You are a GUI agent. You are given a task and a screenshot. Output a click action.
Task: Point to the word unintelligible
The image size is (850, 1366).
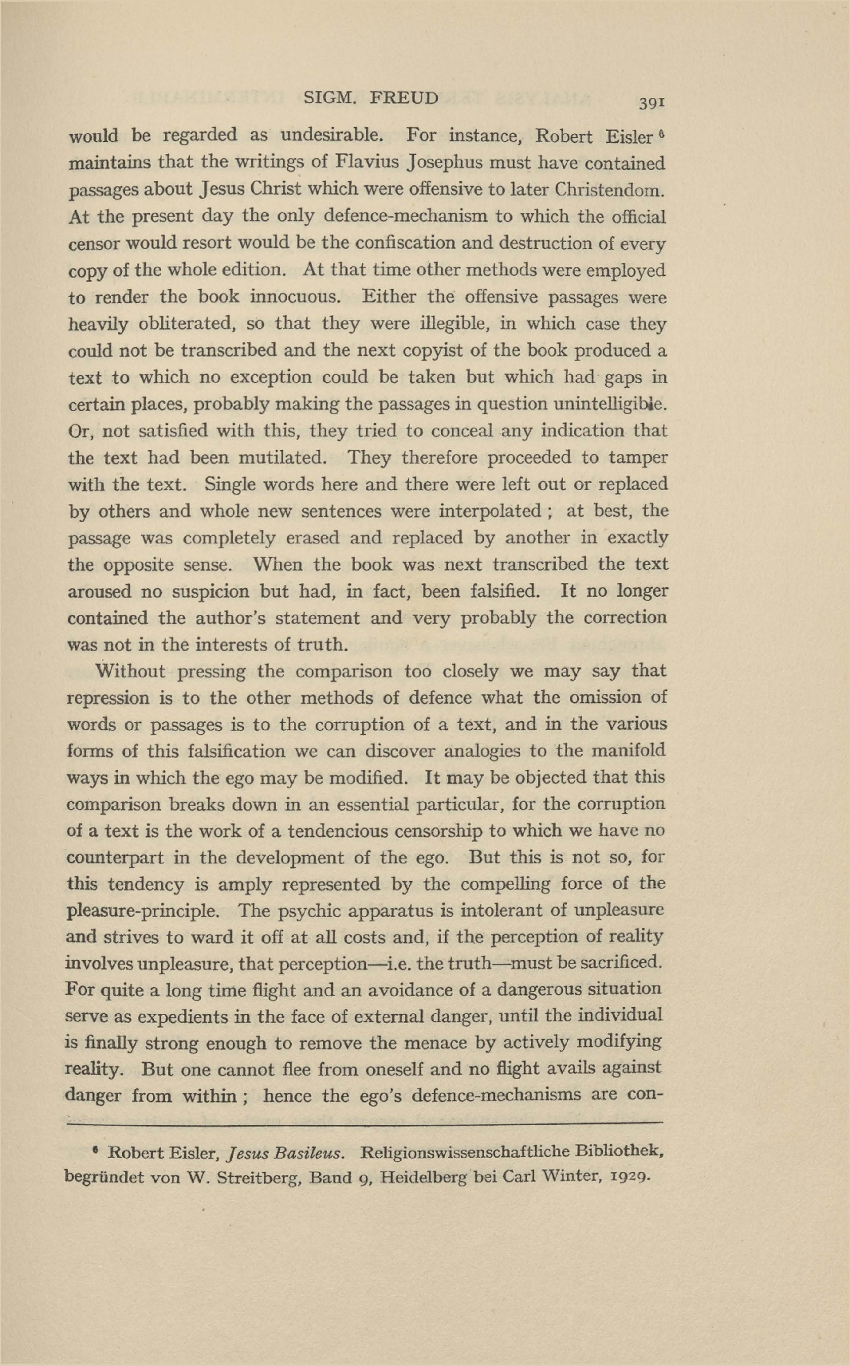606,404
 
